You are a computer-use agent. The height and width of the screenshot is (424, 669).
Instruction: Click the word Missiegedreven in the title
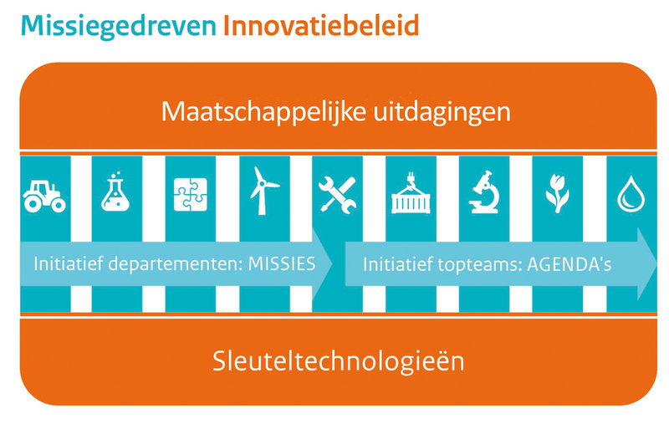coord(119,27)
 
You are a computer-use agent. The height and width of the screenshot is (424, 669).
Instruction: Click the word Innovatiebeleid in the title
coord(321,25)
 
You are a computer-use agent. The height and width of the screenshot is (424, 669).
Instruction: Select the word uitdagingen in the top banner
coord(442,113)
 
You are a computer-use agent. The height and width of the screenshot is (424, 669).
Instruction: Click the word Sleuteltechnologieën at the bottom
coord(339,361)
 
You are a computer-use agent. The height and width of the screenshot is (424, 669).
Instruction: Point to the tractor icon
coord(44,197)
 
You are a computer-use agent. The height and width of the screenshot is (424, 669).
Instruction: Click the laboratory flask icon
coord(115,192)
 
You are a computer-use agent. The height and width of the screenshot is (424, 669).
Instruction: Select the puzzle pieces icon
coord(191,195)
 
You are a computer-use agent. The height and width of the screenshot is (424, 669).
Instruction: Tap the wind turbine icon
coord(263,191)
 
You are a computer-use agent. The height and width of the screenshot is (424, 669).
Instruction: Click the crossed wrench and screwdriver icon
coord(337,195)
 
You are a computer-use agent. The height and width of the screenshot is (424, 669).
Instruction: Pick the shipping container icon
coord(411,193)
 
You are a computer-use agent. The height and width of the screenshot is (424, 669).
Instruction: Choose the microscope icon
coord(484,192)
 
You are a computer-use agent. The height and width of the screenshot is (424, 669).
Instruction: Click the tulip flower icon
coord(557,193)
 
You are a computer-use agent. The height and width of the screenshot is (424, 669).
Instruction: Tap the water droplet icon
coord(631,195)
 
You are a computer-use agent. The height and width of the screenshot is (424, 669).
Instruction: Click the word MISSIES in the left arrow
coord(282,264)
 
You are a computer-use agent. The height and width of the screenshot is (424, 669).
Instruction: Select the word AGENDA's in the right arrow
coord(569,265)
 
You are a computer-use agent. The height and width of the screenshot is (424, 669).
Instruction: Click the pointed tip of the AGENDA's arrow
coord(657,263)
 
